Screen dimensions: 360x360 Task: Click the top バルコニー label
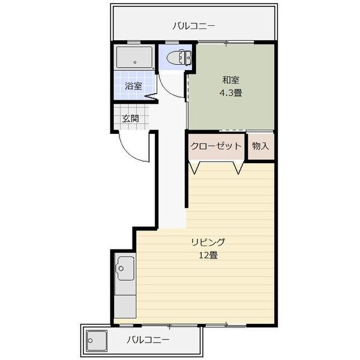pyautogui.click(x=194, y=26)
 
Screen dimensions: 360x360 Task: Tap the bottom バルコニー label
pyautogui.click(x=148, y=340)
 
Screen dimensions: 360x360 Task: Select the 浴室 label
pyautogui.click(x=133, y=86)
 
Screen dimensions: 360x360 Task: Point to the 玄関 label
pyautogui.click(x=130, y=119)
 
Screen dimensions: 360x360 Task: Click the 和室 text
pyautogui.click(x=231, y=80)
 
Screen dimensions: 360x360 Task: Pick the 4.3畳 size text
pyautogui.click(x=231, y=93)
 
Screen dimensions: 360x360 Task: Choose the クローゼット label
pyautogui.click(x=216, y=146)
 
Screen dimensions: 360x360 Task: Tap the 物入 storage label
pyautogui.click(x=260, y=146)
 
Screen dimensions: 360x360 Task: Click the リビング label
pyautogui.click(x=208, y=242)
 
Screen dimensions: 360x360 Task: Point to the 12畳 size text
pyautogui.click(x=208, y=255)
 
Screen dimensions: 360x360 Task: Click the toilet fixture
pyautogui.click(x=179, y=58)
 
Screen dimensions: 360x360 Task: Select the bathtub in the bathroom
pyautogui.click(x=134, y=57)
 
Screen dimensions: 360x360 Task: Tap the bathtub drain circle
pyautogui.click(x=135, y=62)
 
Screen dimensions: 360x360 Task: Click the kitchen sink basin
pyautogui.click(x=125, y=268)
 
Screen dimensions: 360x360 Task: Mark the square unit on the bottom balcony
pyautogui.click(x=97, y=340)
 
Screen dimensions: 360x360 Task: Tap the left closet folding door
pyautogui.click(x=194, y=168)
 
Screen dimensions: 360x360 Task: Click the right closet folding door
pyautogui.click(x=238, y=168)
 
